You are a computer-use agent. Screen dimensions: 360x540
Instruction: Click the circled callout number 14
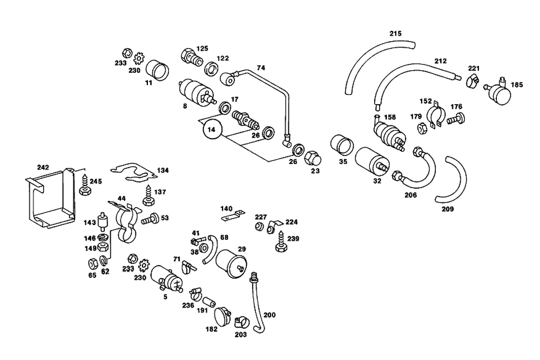[x=213, y=130]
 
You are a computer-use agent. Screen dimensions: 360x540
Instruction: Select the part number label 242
[x=43, y=167]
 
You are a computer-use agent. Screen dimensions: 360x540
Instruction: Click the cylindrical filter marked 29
[x=231, y=263]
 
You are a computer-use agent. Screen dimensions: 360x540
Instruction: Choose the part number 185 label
[x=517, y=85]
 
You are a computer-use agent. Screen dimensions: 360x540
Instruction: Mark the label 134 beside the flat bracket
[x=163, y=170]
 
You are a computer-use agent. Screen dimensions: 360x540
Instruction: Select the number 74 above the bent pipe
[x=261, y=68]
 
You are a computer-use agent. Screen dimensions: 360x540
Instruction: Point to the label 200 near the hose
[x=269, y=315]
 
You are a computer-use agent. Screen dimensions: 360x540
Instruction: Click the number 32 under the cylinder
[x=377, y=181]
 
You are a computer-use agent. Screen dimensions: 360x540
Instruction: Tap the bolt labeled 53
[x=149, y=219]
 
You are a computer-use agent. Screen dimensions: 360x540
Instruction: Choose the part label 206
[x=411, y=195]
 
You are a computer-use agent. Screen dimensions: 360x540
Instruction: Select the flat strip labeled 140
[x=231, y=217]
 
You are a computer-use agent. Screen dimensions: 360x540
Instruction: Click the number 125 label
[x=202, y=49]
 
